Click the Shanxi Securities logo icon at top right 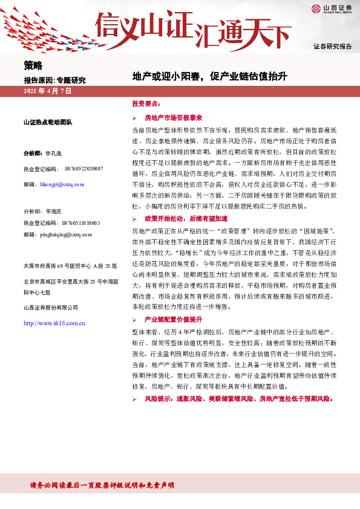point(316,8)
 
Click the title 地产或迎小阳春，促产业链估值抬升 point(209,77)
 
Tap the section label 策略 point(33,65)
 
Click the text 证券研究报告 point(332,47)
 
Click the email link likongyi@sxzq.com point(64,184)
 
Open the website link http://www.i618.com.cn point(54,323)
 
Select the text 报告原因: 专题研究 point(54,80)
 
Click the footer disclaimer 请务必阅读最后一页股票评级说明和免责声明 point(102,485)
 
